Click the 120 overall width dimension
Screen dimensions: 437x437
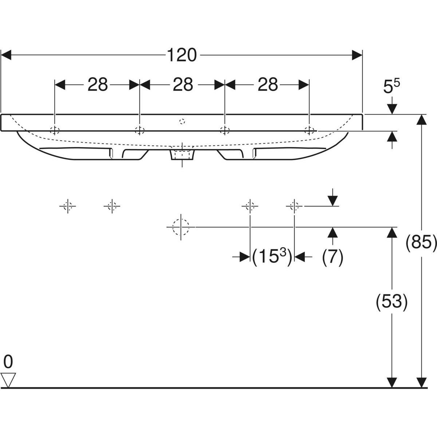point(182,55)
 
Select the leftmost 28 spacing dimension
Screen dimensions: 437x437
point(98,85)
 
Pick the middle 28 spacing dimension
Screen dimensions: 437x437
point(182,85)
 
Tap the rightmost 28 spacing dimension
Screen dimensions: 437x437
point(268,85)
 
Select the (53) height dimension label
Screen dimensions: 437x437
point(391,302)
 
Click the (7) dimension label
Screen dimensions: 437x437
point(332,257)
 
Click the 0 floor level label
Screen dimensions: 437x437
point(8,362)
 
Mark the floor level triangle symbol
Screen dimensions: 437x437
point(8,380)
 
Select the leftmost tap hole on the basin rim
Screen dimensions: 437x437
point(55,130)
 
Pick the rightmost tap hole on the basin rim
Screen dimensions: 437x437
point(309,130)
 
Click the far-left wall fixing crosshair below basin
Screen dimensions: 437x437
point(67,206)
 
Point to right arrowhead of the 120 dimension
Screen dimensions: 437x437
point(357,55)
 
